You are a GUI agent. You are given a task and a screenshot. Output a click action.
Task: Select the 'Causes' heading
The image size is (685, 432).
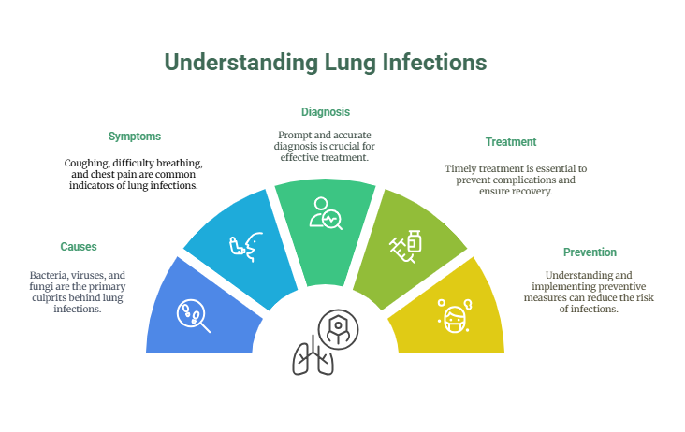79,247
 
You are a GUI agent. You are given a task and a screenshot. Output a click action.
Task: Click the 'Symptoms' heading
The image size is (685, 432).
135,137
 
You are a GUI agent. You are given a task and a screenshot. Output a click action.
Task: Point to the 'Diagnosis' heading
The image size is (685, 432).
326,111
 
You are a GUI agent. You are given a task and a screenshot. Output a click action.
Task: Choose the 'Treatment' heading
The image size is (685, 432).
511,142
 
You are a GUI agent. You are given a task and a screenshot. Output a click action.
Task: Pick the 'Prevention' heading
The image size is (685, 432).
590,252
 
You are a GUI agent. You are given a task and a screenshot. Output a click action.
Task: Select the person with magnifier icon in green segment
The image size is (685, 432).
326,213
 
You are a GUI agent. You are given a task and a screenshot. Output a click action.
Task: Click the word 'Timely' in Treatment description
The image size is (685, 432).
460,168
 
